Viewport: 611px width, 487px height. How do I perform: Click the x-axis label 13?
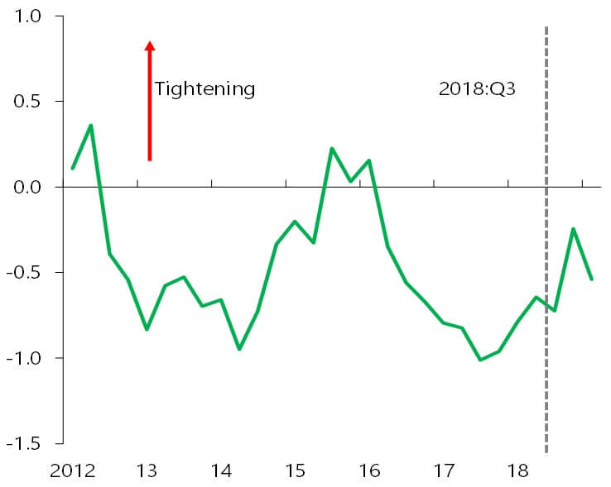(146, 470)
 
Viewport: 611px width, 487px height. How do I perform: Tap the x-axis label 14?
(220, 470)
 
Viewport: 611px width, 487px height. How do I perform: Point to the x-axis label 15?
(295, 470)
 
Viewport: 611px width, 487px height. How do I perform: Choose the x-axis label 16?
(369, 470)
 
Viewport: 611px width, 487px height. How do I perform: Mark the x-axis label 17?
(444, 470)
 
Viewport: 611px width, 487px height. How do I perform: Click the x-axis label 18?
(518, 470)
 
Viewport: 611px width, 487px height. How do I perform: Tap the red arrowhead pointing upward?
(150, 47)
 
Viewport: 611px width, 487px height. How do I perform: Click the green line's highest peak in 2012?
(91, 125)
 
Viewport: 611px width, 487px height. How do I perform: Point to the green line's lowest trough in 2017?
(480, 360)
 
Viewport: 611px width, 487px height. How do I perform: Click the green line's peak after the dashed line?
(573, 229)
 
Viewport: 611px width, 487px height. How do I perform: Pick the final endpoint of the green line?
(592, 279)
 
